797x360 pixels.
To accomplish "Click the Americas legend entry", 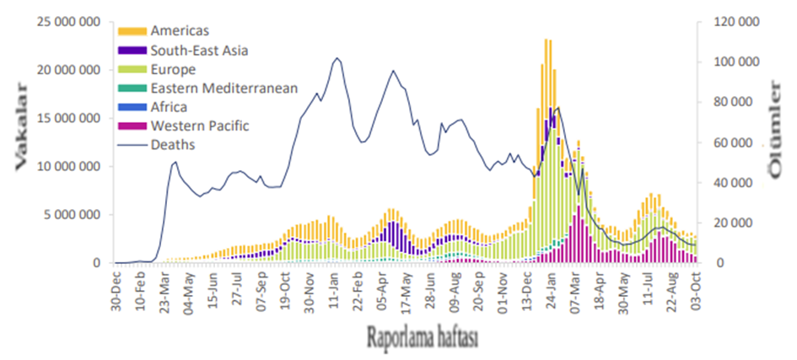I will pyautogui.click(x=182, y=31).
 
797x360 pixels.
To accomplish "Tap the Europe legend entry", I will pyautogui.click(x=174, y=69).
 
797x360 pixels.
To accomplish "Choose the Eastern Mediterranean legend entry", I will pyautogui.click(x=223, y=88).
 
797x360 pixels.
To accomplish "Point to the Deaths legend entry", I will pyautogui.click(x=172, y=145).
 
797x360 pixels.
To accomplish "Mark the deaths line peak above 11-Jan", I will pyautogui.click(x=337, y=58).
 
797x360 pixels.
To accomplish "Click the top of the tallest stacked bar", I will pyautogui.click(x=547, y=39).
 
